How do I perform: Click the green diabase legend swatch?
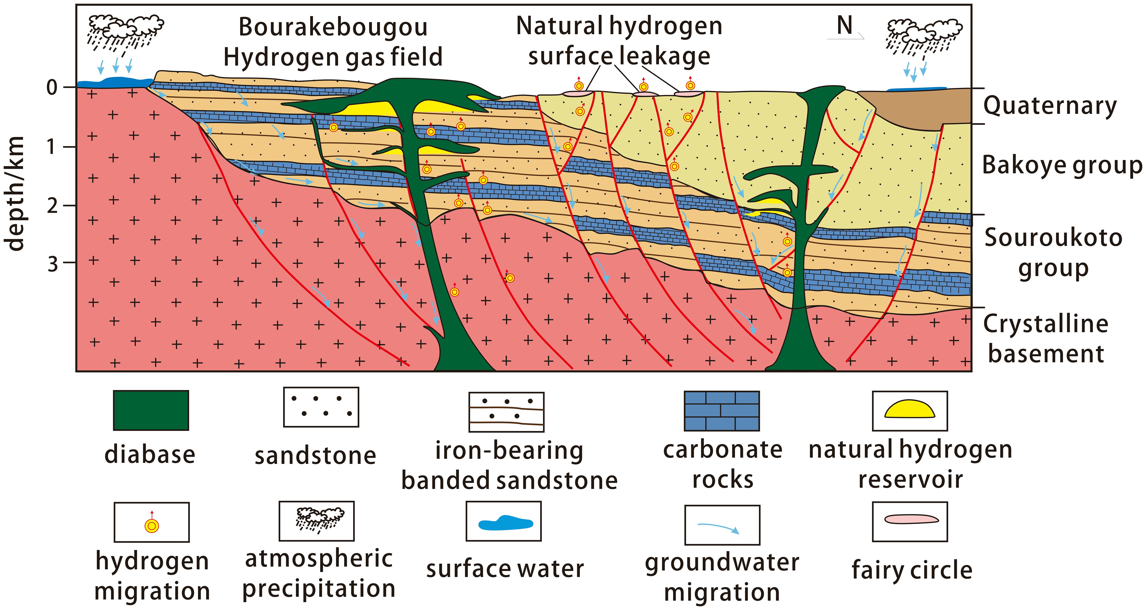click(x=151, y=410)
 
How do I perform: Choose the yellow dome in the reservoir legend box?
click(x=909, y=409)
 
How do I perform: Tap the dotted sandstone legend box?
click(x=321, y=407)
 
